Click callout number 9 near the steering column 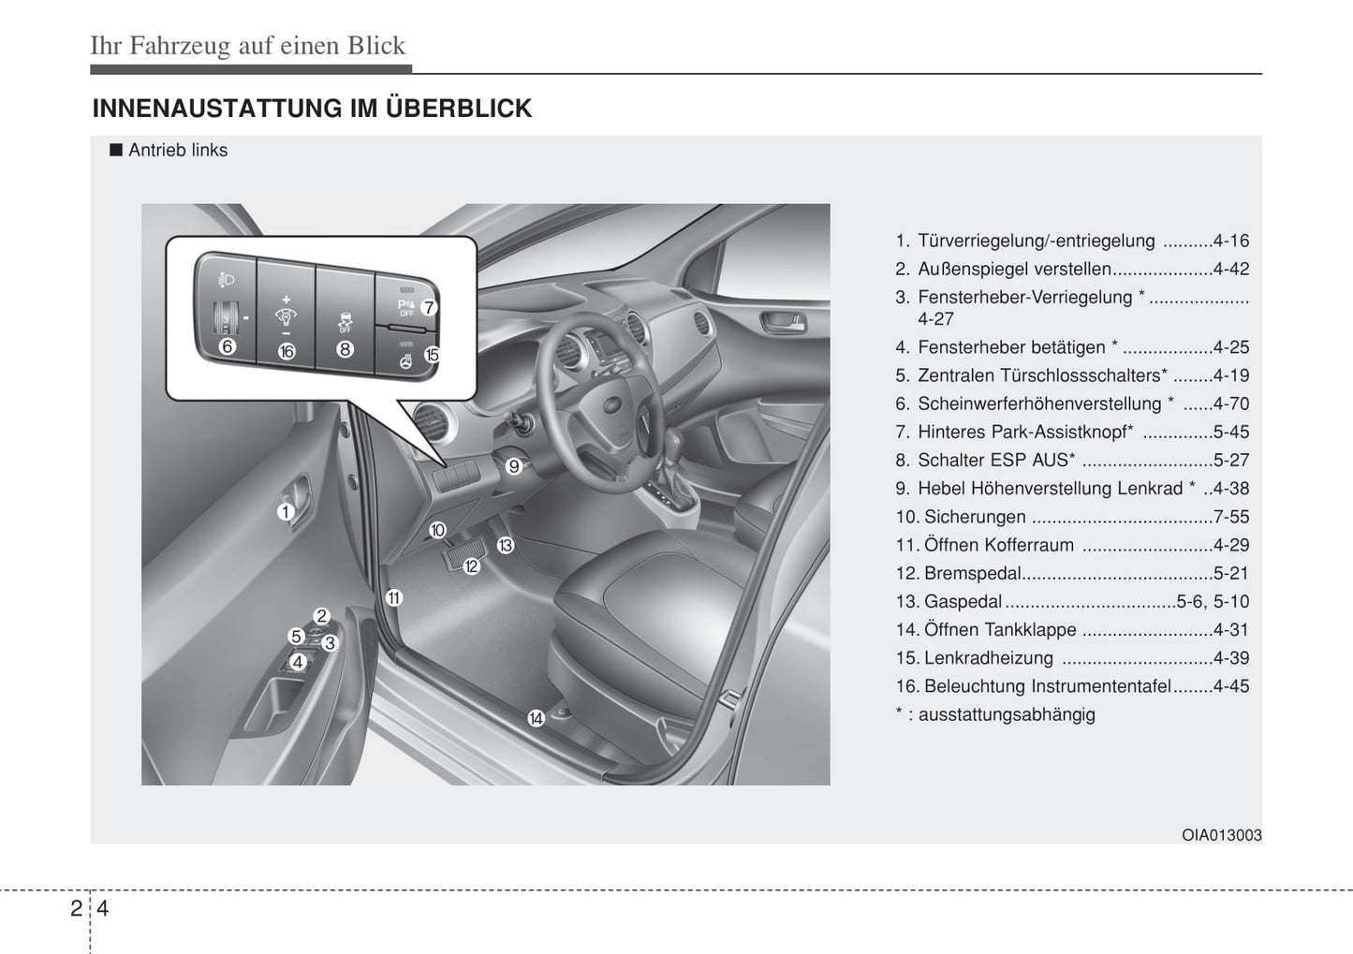(x=513, y=466)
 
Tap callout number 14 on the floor (x=536, y=718)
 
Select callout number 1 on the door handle (x=285, y=512)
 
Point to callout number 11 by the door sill (x=394, y=597)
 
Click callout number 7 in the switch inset (x=428, y=308)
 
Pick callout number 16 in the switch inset (x=287, y=351)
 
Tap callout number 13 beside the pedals (x=505, y=545)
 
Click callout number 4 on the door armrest (x=297, y=662)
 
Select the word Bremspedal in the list (x=973, y=573)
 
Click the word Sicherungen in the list (x=975, y=517)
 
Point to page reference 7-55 (x=1231, y=517)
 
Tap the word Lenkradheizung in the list (x=989, y=657)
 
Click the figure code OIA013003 (x=1222, y=835)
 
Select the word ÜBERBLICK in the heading (x=459, y=109)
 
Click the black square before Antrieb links (x=116, y=150)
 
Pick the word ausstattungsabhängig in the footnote (x=1007, y=715)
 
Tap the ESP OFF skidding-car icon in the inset (x=345, y=322)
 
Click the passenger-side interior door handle (x=784, y=322)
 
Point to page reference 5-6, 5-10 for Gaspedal (x=1213, y=601)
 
